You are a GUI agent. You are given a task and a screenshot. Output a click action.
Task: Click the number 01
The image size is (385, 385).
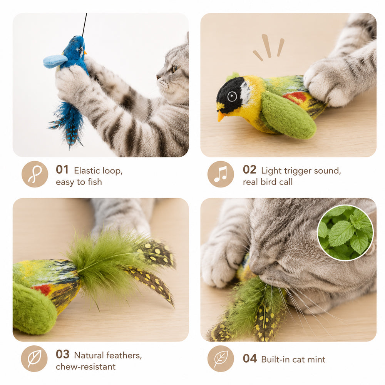point(62,170)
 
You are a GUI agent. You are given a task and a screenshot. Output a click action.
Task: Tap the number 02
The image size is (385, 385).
point(249,170)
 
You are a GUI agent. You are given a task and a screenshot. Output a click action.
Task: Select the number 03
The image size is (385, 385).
point(62,354)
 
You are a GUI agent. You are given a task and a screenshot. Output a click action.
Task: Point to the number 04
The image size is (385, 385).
point(250,358)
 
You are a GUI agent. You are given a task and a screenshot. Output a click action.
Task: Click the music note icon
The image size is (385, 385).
point(221,174)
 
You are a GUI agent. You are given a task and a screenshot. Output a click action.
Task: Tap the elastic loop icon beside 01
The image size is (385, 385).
point(35,174)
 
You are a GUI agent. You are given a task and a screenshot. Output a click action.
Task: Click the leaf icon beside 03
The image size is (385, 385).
point(34,358)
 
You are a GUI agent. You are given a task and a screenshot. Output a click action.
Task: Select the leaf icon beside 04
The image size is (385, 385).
point(221,358)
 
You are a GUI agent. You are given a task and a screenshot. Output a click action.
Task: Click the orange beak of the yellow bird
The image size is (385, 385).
point(221,116)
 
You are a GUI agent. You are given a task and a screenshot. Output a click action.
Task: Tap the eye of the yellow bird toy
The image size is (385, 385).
point(232,96)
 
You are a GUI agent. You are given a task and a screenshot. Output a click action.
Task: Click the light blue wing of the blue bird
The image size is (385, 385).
point(55,61)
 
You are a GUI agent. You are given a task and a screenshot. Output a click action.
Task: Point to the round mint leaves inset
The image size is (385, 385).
point(345,233)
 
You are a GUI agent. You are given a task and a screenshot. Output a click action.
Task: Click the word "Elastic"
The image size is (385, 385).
point(87,171)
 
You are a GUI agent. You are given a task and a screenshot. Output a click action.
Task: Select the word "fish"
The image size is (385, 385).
point(95,182)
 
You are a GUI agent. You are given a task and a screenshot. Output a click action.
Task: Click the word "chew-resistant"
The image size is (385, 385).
point(86,367)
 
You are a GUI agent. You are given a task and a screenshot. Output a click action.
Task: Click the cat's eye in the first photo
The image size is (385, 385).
point(174,69)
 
